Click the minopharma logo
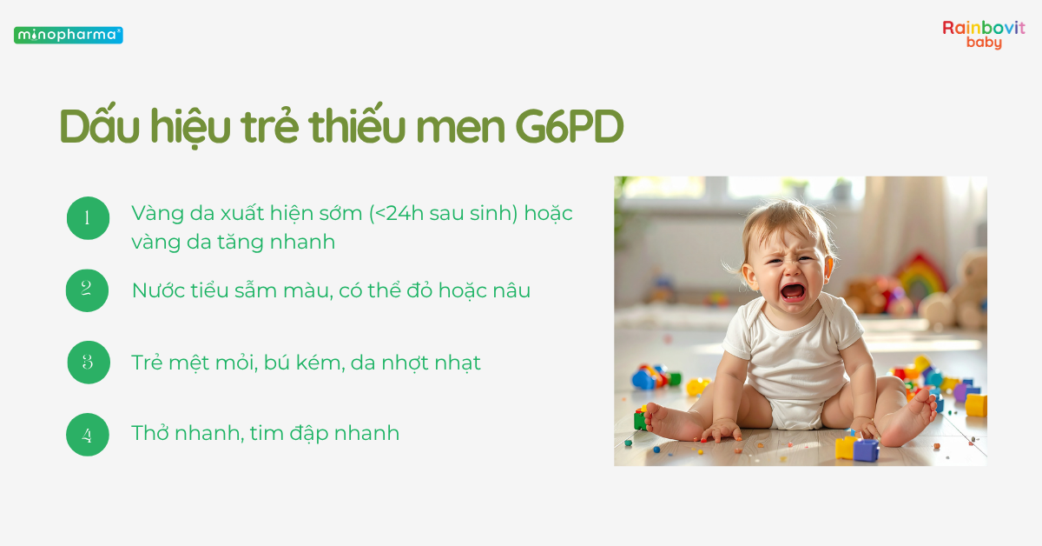point(68,36)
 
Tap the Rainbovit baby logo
point(983,35)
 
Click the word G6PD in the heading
point(569,128)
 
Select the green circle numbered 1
point(88,218)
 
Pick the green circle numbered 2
point(88,290)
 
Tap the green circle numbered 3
point(88,363)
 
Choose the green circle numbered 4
point(88,434)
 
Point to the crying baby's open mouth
point(792,291)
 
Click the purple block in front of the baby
point(866,449)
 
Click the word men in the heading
point(460,128)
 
